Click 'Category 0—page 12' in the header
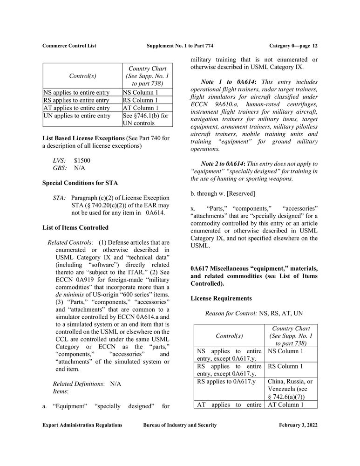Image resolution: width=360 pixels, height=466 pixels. tap(293, 46)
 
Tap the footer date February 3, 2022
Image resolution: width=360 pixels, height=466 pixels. tap(299, 425)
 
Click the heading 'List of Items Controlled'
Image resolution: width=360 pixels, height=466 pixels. tap(75, 227)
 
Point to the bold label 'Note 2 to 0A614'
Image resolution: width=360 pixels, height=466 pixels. tap(228, 164)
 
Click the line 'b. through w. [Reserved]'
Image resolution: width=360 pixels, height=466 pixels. tap(223, 193)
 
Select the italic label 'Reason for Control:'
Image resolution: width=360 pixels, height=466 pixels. tap(231, 314)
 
